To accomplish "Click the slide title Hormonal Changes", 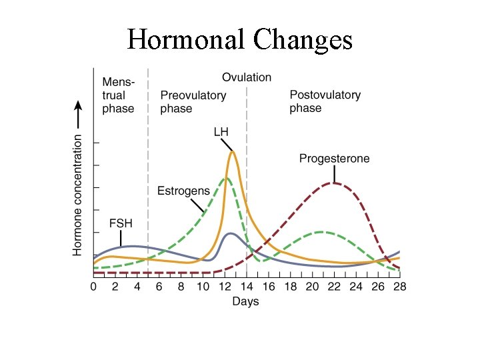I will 240,40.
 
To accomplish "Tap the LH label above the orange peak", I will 221,132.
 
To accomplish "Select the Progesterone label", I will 334,159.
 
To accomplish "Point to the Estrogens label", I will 183,191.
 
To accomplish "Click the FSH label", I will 121,223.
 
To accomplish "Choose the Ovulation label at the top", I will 247,77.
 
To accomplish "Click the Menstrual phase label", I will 118,95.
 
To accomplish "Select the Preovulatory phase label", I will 193,102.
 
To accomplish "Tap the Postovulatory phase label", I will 325,101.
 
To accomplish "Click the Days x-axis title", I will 245,301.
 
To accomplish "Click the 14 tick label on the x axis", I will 247,287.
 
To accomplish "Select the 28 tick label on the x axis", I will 399,287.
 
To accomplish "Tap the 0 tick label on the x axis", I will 94,287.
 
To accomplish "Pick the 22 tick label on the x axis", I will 334,287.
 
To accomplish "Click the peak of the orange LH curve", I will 232,152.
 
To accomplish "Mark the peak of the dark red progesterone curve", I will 335,183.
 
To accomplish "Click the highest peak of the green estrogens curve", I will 226,178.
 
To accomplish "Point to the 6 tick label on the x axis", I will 159,287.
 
